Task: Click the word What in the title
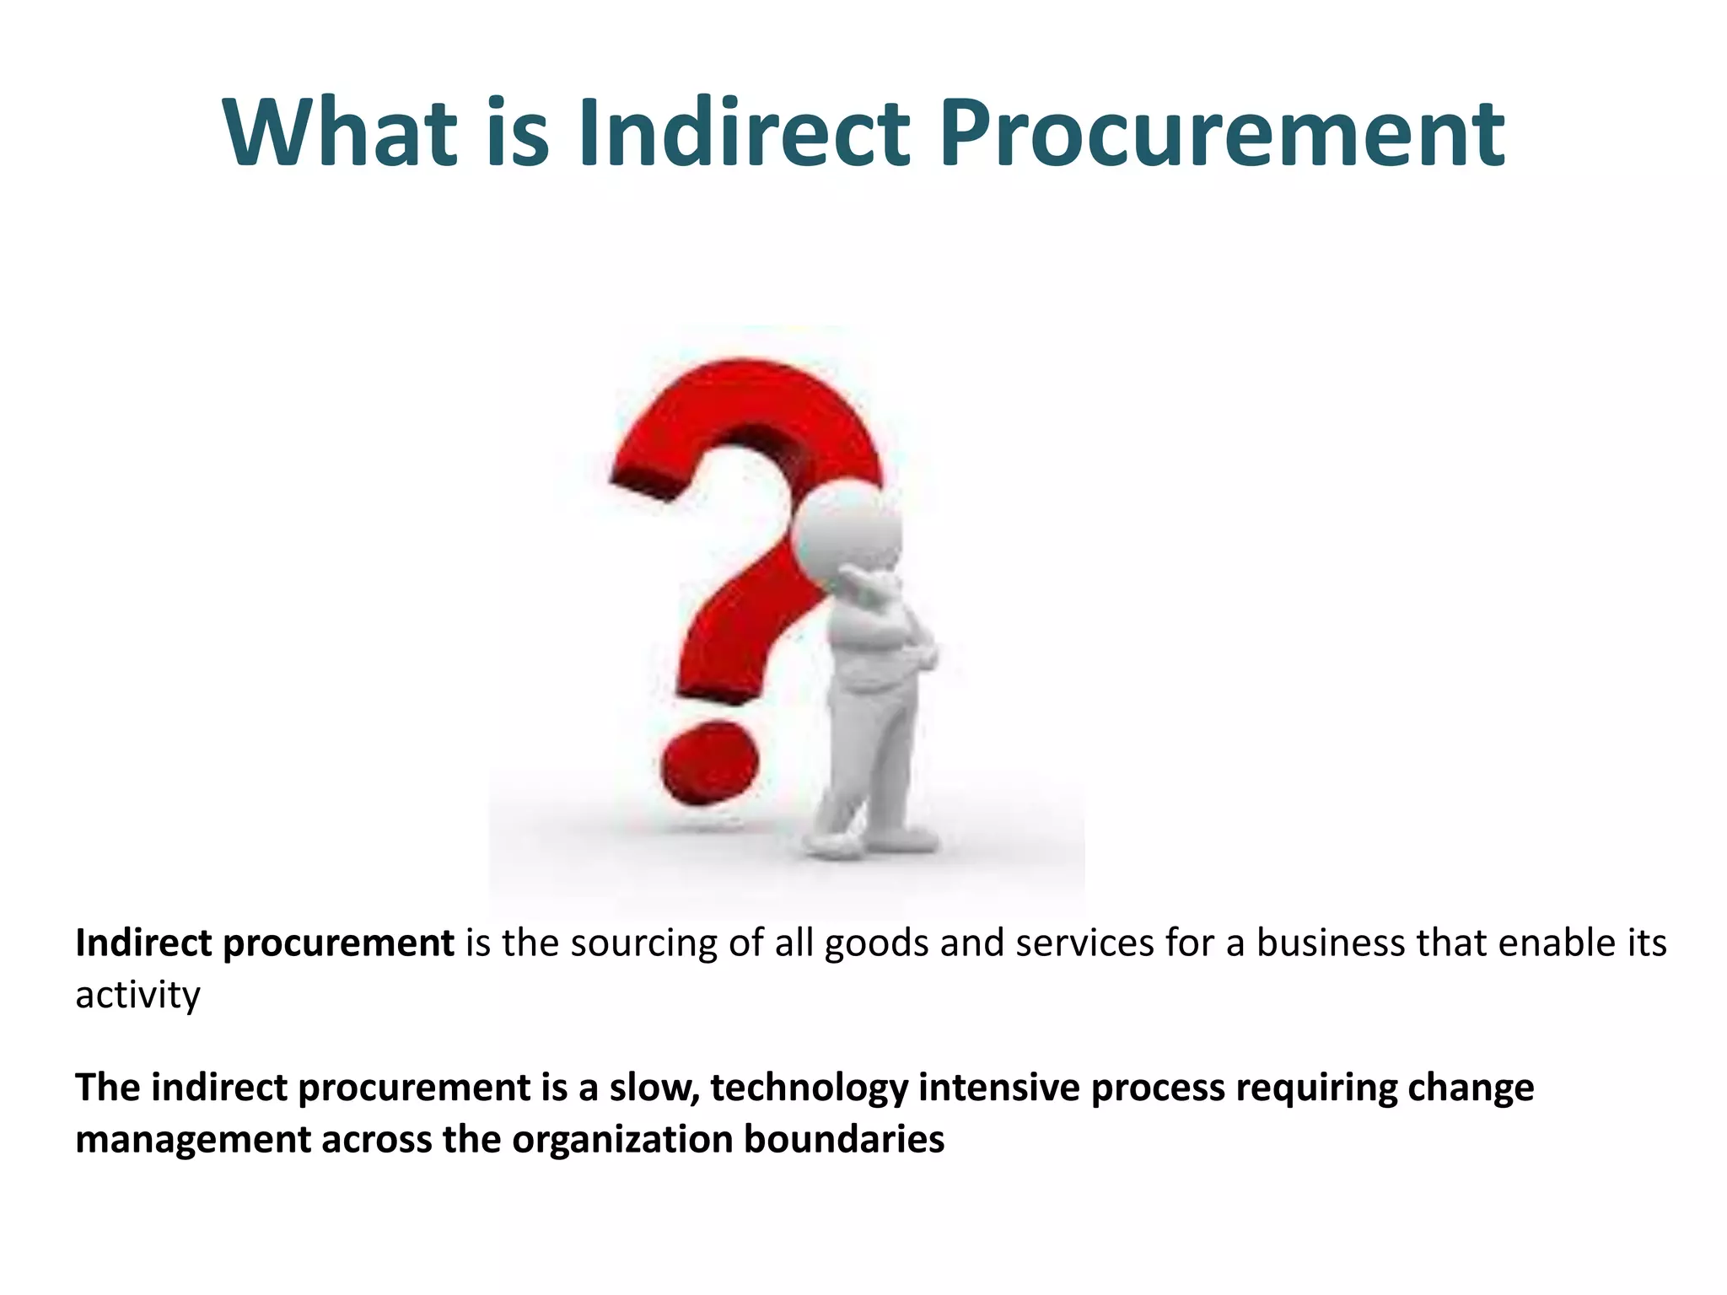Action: click(339, 132)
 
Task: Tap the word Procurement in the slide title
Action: click(1222, 132)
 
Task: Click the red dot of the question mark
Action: click(709, 763)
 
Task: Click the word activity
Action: click(137, 996)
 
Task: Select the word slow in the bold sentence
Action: click(654, 1088)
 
